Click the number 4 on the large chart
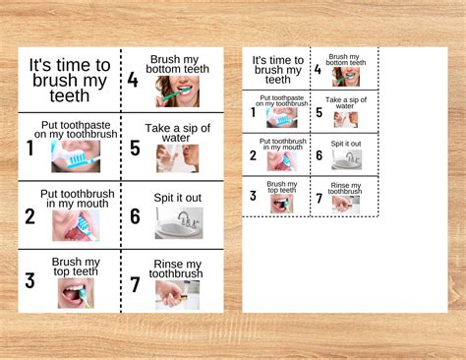point(133,80)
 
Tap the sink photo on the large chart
point(179,223)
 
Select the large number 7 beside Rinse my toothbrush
point(135,284)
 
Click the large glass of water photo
point(177,158)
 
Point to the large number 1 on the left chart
point(30,148)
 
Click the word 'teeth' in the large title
point(70,95)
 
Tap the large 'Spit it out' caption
point(178,198)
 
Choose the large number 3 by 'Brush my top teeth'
point(29,281)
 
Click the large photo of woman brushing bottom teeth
point(177,91)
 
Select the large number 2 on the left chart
point(29,216)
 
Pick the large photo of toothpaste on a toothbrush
point(76,156)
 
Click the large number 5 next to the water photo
point(135,148)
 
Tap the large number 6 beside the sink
point(135,216)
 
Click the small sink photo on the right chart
point(347,159)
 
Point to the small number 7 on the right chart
point(320,199)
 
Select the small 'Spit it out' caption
point(346,144)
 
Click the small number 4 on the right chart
point(318,70)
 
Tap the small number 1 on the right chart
point(253,112)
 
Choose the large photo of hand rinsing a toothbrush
point(177,295)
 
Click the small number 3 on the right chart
point(253,196)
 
